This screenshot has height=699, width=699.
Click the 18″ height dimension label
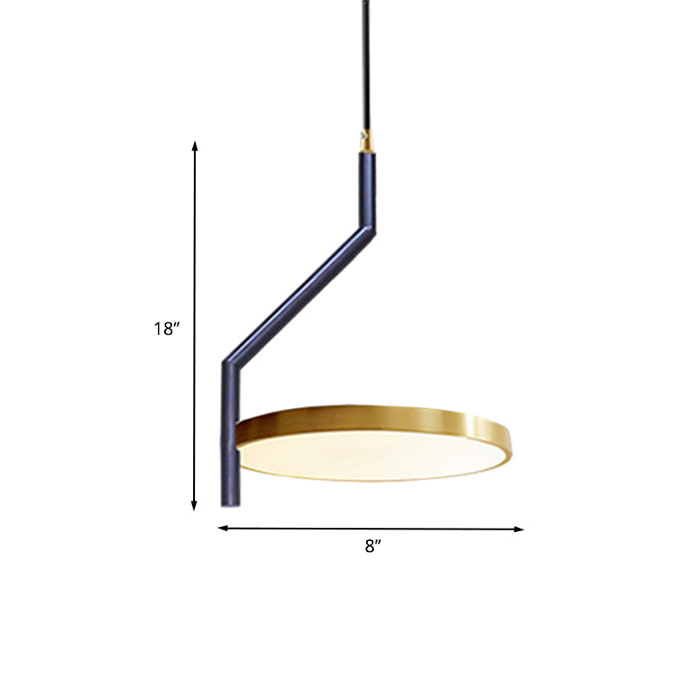pos(166,329)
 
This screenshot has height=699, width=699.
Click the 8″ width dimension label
pos(374,547)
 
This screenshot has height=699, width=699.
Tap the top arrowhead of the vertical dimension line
pos(195,144)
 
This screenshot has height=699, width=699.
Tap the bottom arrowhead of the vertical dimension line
pos(195,505)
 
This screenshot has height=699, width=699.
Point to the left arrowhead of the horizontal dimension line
pos(222,529)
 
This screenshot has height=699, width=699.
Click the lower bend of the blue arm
pos(230,360)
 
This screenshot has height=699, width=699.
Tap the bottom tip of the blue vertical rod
pos(229,503)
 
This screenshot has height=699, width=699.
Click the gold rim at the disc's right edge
pos(507,437)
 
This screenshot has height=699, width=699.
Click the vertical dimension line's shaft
pos(195,262)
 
